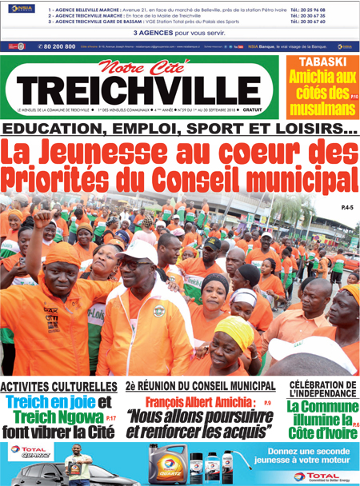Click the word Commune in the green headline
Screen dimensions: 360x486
tap(325, 407)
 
